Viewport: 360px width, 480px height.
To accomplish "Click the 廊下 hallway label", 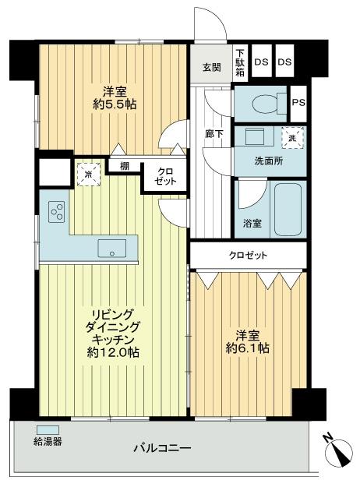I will [213, 134].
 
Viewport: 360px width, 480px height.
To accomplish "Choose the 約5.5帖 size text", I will [117, 103].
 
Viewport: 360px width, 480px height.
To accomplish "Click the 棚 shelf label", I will [124, 165].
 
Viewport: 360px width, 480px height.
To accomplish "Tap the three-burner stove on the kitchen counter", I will [57, 210].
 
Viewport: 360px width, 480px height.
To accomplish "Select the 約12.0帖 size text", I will [115, 352].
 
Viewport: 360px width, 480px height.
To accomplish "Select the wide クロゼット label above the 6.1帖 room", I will [248, 255].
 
